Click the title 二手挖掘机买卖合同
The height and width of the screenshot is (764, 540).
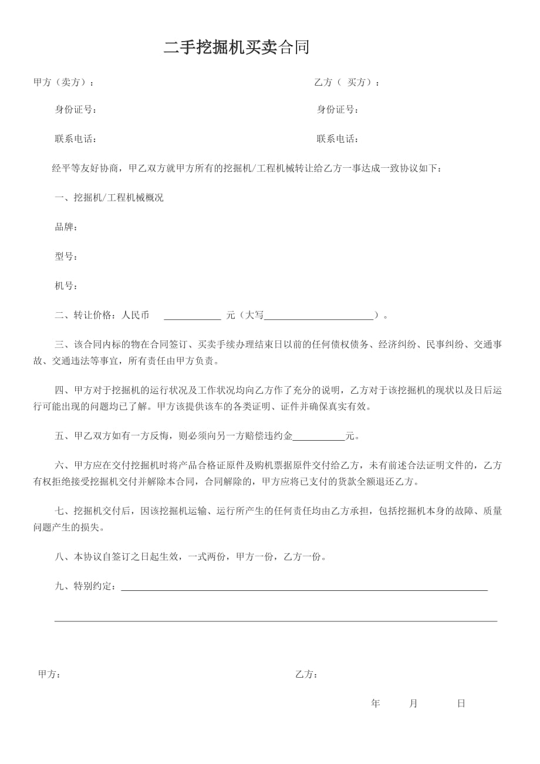pos(236,48)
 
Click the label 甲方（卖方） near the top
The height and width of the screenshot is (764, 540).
pos(63,83)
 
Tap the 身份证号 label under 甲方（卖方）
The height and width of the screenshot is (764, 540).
pos(75,110)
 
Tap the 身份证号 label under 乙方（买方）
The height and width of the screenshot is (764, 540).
pos(337,110)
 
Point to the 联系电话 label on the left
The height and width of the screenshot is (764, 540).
pos(75,139)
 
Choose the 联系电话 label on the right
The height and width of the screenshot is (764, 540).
pos(337,139)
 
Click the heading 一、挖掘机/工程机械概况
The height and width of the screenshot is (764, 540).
pos(109,198)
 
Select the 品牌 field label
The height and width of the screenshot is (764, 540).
pos(66,227)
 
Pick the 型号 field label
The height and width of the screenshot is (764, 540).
pos(66,256)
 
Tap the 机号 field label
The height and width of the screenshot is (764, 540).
pos(66,286)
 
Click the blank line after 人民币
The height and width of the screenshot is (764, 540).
pos(192,317)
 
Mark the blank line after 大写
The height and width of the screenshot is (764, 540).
pos(319,317)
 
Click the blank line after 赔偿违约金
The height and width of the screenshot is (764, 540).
pos(319,438)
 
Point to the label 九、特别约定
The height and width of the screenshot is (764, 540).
pos(87,586)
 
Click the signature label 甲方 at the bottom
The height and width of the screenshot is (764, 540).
pos(49,674)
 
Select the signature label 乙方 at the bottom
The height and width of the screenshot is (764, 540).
pos(306,674)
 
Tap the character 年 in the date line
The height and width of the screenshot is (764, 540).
pos(376,704)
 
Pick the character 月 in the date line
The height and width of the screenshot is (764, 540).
pos(413,704)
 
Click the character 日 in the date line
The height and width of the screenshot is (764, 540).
pos(461,704)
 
